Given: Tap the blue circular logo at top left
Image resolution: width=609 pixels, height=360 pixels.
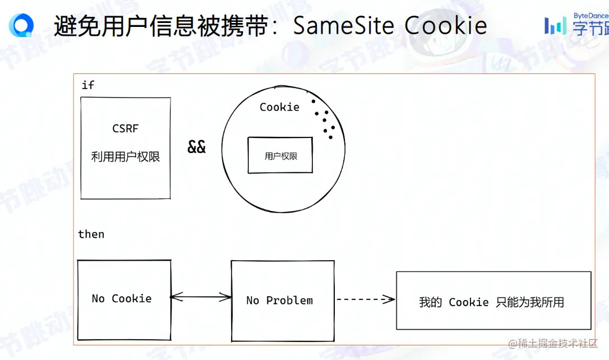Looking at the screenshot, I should click(x=21, y=25).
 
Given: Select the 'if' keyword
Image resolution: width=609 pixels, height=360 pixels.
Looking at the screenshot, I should click(x=87, y=85).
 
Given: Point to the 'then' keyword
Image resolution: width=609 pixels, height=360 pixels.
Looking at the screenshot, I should click(x=91, y=234).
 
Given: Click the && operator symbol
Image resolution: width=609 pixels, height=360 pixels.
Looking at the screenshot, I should click(x=196, y=147).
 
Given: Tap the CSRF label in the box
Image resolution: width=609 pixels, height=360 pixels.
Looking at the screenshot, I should click(x=125, y=128).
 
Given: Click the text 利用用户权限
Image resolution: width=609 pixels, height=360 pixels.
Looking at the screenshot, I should click(x=126, y=157).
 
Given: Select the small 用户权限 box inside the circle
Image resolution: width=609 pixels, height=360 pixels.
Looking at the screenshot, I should click(x=280, y=155).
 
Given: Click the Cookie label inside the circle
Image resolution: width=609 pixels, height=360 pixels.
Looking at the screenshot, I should click(x=279, y=107).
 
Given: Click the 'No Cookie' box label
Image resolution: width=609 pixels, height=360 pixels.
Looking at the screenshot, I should click(x=122, y=298).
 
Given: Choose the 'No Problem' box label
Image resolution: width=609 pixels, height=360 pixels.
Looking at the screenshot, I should click(x=279, y=301).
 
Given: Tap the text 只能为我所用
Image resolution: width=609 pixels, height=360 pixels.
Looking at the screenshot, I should click(x=530, y=302).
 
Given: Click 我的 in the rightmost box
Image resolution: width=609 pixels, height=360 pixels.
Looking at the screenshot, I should click(x=430, y=302).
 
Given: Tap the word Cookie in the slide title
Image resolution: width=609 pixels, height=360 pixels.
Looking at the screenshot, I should click(x=446, y=25).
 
